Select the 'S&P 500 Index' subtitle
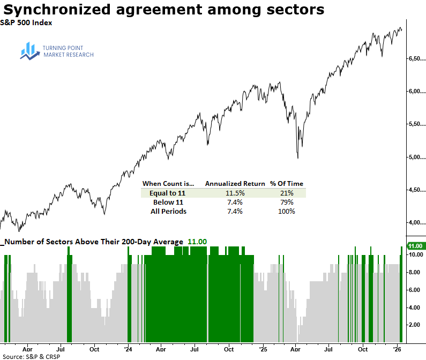26,22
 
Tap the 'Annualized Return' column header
235,183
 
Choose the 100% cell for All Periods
286,211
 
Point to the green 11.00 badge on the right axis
416,246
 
